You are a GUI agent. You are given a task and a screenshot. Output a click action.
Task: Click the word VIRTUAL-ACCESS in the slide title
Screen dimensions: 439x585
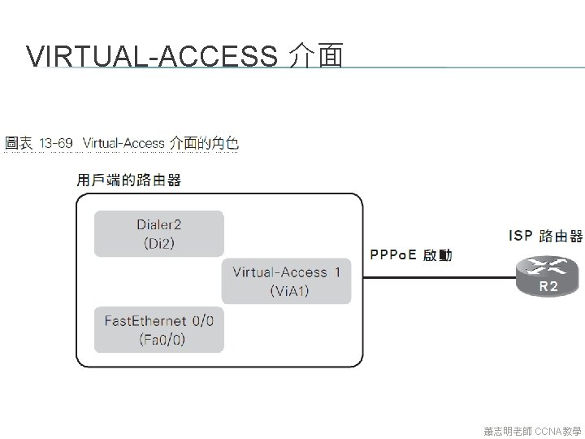click(x=151, y=57)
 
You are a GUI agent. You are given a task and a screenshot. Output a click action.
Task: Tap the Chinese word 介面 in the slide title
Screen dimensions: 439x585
click(x=315, y=57)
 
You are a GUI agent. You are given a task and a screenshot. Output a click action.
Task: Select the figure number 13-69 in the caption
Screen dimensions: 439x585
click(x=56, y=144)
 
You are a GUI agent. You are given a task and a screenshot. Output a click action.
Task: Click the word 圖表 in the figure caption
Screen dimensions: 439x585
click(x=19, y=144)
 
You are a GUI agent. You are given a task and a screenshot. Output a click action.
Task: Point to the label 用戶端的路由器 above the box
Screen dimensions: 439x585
click(x=129, y=180)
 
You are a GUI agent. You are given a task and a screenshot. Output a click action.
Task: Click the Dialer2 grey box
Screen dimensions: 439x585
click(x=158, y=233)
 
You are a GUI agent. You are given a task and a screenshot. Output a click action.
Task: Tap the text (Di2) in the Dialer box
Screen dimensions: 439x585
click(x=158, y=243)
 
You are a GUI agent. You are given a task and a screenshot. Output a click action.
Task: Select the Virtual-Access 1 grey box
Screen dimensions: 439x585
click(x=286, y=281)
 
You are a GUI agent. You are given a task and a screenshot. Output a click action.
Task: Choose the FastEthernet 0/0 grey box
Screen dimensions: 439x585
click(x=158, y=329)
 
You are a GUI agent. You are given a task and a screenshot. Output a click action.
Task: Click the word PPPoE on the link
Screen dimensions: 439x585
click(x=393, y=255)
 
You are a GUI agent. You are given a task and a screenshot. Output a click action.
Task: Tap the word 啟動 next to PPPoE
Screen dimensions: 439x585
click(x=437, y=255)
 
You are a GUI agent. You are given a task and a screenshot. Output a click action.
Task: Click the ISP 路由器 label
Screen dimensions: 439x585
click(x=545, y=236)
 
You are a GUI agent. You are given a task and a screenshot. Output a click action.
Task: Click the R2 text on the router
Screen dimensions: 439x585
click(x=548, y=286)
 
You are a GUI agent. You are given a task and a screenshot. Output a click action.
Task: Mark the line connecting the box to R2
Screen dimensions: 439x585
click(x=439, y=277)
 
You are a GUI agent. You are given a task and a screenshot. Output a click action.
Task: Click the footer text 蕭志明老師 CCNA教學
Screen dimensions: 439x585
click(x=532, y=430)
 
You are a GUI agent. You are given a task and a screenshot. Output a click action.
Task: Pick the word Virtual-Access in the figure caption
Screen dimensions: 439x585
click(x=123, y=144)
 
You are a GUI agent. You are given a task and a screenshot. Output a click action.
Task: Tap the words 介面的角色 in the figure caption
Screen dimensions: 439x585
click(x=204, y=144)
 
